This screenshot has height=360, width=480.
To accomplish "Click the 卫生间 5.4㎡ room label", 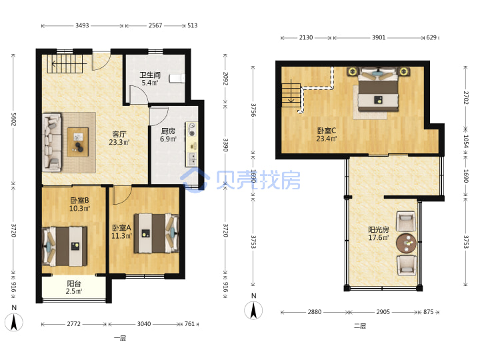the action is pos(150,79).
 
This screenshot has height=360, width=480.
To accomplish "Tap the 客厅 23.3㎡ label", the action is pos(119,138).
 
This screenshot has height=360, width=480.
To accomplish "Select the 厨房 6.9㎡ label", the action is pos(168,135).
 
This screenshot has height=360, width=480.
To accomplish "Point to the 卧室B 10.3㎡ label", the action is pos(79,204).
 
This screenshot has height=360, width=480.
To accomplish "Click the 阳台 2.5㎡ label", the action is pos(74,287).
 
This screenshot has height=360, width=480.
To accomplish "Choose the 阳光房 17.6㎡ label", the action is pos(379,233).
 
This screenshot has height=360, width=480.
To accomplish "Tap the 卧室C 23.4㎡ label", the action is pos(326,135).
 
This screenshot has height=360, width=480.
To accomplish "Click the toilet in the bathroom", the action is pos(177,79).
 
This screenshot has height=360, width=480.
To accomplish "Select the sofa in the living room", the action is pos(52,142).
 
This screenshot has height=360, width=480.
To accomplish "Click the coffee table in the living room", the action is pos(78,142).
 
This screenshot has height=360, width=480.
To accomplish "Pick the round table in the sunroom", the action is pos(406,243).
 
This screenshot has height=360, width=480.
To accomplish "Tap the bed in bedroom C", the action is pos(379,89).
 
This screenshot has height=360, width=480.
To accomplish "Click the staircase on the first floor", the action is pos(65,64).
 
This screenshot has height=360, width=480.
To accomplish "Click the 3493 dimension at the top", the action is pos(82,26).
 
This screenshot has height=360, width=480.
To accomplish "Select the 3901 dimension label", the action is pos(379,37).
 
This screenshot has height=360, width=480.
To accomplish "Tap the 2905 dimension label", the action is pos(383,312).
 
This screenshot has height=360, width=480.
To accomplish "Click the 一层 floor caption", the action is pos(120,338).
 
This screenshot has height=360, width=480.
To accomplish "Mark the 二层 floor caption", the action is pos(360,326).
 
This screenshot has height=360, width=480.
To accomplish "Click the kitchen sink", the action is pos(192,159).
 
